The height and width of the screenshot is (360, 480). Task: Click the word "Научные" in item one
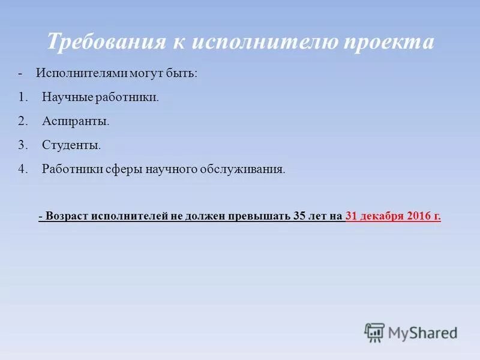[x=64, y=97]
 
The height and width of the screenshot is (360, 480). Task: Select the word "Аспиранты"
[x=76, y=121]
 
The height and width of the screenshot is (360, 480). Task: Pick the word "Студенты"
[x=71, y=145]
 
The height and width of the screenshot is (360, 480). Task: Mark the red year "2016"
[x=418, y=217]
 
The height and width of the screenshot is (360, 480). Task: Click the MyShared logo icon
[x=374, y=332]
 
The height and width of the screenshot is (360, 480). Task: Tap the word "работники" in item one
[x=124, y=97]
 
